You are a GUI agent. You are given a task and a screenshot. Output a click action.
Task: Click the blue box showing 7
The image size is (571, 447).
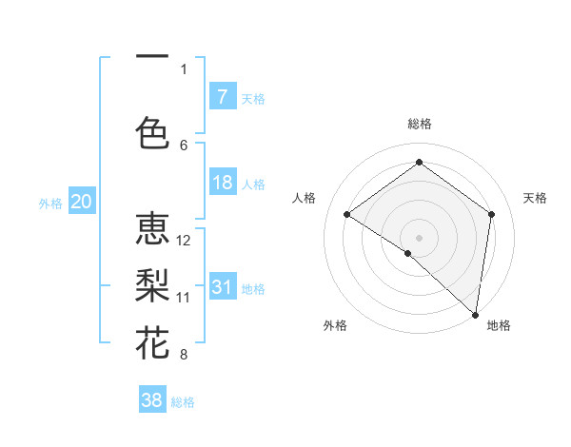[222, 97]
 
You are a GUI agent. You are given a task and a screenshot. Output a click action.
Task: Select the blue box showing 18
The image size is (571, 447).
[222, 183]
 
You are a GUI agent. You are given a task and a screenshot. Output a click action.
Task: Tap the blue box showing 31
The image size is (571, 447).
[222, 287]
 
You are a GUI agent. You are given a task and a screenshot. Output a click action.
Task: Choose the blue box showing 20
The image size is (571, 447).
[82, 202]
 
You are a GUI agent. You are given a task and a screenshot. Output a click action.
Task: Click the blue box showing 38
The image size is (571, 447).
[152, 400]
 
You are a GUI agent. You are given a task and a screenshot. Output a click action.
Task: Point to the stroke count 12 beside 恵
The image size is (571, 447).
[185, 241]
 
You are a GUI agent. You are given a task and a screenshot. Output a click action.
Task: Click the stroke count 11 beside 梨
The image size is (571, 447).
[184, 298]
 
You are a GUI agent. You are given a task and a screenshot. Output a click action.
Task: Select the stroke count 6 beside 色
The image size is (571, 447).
[184, 145]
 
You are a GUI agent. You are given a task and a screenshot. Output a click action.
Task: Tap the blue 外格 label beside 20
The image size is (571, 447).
[50, 203]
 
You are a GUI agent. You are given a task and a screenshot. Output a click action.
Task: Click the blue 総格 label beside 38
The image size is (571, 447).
[183, 402]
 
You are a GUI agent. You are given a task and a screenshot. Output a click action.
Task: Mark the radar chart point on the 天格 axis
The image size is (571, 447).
[492, 214]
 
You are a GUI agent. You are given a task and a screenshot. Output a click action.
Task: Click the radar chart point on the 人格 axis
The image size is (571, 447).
[346, 214]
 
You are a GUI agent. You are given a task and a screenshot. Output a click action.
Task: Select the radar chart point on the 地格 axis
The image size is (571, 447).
[476, 314]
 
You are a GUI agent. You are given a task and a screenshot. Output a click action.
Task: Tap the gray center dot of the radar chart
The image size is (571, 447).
[419, 237]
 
